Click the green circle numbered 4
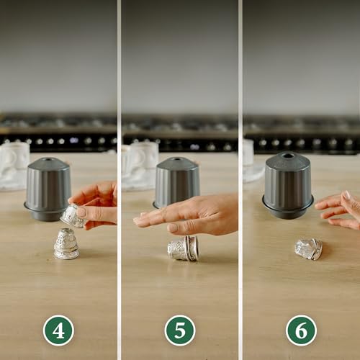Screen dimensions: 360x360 tap(58, 330)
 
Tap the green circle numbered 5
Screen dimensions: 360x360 tap(179, 330)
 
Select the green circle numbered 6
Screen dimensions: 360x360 tap(301, 330)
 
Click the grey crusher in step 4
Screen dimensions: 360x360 tap(48, 189)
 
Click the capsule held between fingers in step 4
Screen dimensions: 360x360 tap(73, 215)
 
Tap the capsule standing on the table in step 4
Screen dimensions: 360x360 tap(66, 244)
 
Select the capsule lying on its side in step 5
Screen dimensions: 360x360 tap(183, 248)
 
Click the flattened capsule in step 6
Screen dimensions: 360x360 tap(308, 249)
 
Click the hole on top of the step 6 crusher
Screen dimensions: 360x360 tap(287, 155)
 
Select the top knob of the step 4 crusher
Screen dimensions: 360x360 tap(48, 161)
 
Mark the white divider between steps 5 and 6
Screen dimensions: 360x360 tap(240, 180)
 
